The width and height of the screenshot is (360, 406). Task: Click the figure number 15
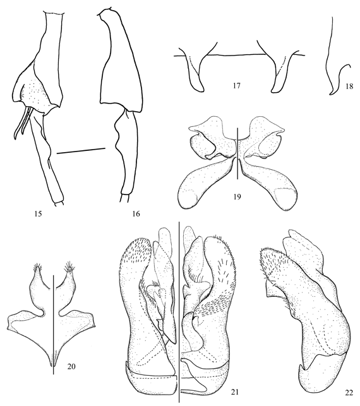[x=37, y=214]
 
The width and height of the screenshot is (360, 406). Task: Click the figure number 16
[x=136, y=214]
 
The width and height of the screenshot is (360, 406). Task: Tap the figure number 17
[x=236, y=85]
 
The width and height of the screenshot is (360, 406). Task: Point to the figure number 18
[x=349, y=86]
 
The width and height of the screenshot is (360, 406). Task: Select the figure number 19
[x=237, y=197]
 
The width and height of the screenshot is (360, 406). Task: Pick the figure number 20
[x=71, y=366]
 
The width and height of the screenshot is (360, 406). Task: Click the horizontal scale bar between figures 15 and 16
[x=81, y=151]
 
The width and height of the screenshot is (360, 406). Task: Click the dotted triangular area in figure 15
[x=36, y=92]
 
